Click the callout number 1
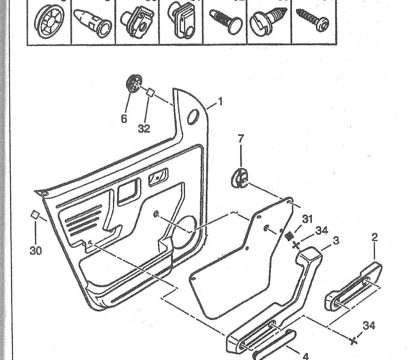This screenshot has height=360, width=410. click(220, 101)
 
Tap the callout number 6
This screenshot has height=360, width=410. click(124, 118)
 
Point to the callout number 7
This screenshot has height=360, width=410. click(241, 139)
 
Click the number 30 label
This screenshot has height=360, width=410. click(35, 251)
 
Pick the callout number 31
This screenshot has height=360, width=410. click(307, 219)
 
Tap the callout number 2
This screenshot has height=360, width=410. click(375, 237)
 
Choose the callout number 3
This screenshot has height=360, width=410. click(336, 241)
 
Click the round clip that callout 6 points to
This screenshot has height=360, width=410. click(135, 83)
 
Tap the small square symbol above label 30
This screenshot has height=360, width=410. click(35, 214)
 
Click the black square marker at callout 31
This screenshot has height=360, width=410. click(290, 235)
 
